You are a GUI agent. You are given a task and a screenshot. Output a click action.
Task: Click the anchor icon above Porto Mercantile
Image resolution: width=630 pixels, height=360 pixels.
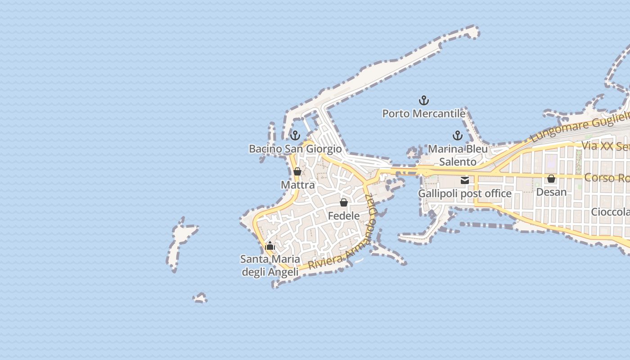click(424, 100)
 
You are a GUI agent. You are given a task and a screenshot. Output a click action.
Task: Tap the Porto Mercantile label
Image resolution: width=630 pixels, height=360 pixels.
click(424, 113)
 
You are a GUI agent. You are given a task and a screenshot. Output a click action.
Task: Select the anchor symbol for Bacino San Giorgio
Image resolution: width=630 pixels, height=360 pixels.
click(295, 135)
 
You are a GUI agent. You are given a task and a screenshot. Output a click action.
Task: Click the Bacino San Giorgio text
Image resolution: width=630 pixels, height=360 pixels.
click(295, 148)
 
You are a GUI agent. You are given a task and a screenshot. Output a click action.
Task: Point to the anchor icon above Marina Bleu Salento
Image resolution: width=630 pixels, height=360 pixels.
click(458, 135)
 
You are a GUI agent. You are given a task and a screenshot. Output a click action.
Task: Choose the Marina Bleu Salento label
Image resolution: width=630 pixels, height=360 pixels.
click(458, 155)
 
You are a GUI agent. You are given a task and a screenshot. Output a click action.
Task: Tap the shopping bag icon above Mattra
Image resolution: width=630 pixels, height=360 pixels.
click(297, 171)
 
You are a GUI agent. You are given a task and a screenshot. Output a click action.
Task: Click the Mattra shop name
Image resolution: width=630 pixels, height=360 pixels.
click(297, 185)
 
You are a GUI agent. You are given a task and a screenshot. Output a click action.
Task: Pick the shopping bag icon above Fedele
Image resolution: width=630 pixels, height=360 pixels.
click(344, 202)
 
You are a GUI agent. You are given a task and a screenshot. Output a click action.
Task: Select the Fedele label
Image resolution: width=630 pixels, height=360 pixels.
click(344, 216)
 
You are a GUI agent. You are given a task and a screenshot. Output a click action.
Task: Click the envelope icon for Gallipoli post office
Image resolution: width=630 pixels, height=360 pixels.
click(465, 180)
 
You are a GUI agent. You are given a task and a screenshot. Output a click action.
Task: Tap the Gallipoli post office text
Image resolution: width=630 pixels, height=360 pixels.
click(465, 193)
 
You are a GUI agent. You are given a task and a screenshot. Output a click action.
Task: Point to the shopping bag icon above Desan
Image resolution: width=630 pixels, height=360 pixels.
click(551, 179)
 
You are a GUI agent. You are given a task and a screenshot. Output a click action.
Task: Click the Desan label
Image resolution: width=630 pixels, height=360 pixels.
click(551, 192)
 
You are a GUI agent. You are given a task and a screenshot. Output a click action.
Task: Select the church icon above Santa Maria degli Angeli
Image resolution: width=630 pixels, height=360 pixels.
click(270, 246)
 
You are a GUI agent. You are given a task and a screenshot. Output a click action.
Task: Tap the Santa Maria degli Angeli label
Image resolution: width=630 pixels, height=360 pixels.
click(270, 265)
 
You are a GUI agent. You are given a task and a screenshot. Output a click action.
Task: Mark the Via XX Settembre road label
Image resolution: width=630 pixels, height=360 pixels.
click(605, 146)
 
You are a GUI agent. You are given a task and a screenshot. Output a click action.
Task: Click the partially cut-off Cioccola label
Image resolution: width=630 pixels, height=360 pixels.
click(610, 212)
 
